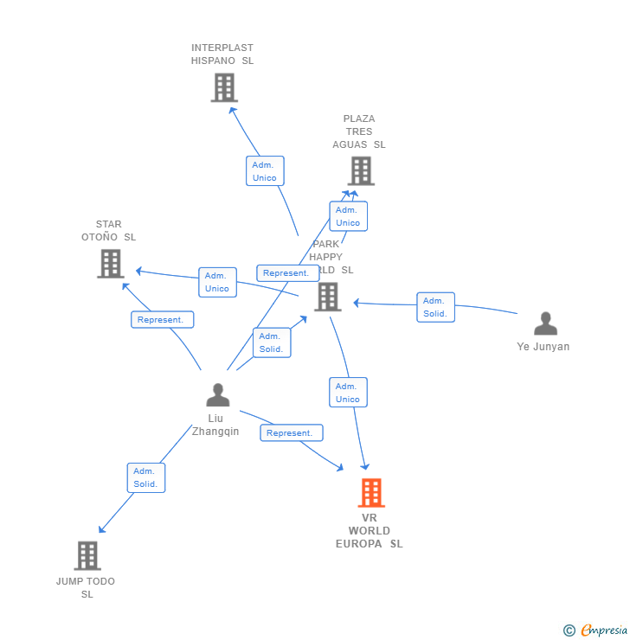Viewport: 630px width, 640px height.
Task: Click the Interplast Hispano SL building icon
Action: click(224, 87)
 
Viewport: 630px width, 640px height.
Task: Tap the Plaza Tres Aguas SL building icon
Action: click(361, 170)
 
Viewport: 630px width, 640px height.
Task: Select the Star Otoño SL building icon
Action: click(111, 264)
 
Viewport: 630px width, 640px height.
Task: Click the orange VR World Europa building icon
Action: click(371, 493)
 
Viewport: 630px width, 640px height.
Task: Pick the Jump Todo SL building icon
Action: click(87, 555)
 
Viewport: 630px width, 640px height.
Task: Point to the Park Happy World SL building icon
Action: click(327, 297)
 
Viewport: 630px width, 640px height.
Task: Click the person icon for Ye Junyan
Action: click(545, 323)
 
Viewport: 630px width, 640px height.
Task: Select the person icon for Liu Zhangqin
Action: click(218, 395)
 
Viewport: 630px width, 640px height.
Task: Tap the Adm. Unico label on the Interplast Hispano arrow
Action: click(265, 171)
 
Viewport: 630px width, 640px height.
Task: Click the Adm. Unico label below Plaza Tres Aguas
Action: click(348, 216)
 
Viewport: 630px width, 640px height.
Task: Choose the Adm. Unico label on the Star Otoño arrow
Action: click(217, 282)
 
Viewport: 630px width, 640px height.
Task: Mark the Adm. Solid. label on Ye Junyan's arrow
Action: click(435, 307)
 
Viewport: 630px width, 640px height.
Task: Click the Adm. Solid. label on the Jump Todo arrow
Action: click(145, 477)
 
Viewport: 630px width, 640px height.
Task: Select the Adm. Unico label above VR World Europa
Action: click(348, 393)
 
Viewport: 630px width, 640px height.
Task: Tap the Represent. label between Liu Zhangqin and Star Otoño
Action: click(162, 320)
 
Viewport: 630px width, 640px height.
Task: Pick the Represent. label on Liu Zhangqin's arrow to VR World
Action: click(291, 432)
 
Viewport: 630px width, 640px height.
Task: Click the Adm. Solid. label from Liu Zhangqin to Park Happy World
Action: click(272, 342)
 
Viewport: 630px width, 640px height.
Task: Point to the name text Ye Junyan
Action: click(543, 347)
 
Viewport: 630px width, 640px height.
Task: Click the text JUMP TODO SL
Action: click(86, 587)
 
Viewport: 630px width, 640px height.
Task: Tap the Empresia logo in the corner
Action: click(597, 630)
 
